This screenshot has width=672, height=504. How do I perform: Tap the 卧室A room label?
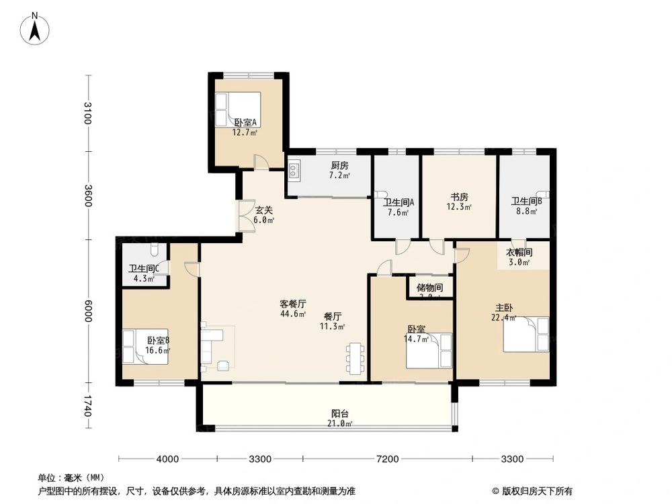245,123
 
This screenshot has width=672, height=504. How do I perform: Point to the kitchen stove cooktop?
294,171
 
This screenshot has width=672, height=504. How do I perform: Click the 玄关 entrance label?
263,210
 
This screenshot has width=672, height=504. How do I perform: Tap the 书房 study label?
460,197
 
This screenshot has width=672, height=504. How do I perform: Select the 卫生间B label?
527,201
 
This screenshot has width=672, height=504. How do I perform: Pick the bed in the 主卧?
526,334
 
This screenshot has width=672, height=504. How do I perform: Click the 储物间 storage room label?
429,288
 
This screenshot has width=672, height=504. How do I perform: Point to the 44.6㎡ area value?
293,313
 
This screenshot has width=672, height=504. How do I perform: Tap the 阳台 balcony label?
340,414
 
